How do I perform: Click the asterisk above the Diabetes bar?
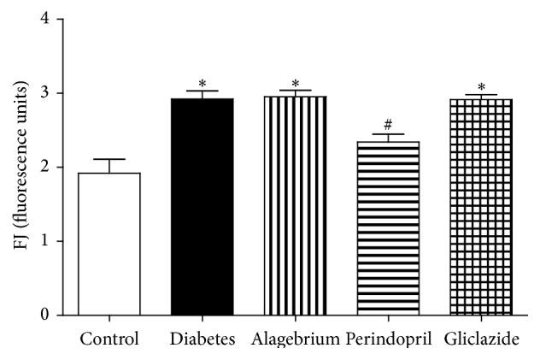202,84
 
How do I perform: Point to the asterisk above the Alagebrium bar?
295,84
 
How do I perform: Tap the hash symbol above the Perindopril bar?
388,126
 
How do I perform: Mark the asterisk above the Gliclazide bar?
481,88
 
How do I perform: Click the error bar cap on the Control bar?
109,159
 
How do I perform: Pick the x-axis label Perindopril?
388,339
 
